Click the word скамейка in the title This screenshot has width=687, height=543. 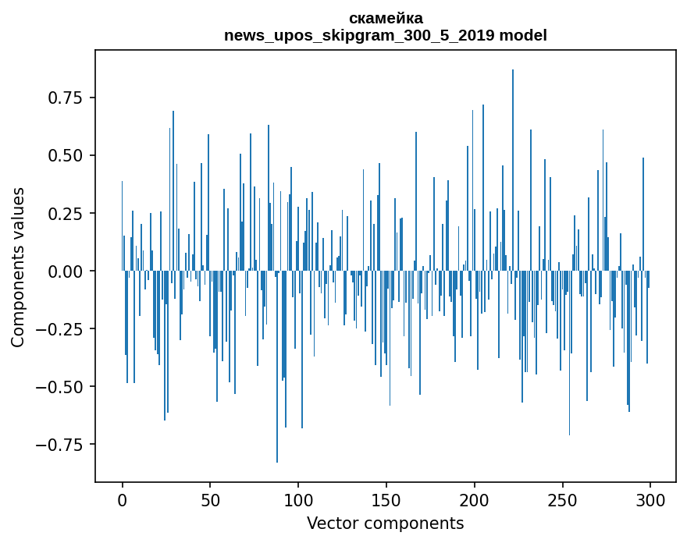click(x=386, y=19)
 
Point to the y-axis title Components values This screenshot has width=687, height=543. click(x=17, y=267)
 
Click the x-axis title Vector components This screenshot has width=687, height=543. click(x=385, y=523)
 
